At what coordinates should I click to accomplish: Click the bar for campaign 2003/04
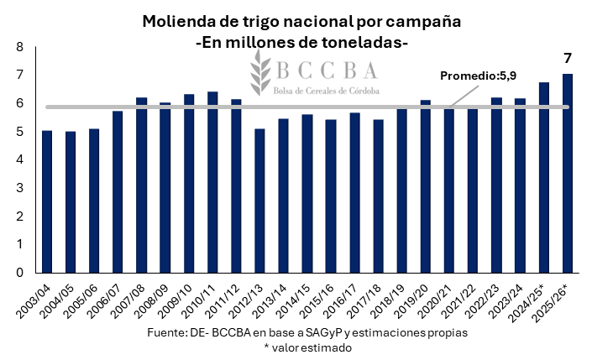click(x=47, y=201)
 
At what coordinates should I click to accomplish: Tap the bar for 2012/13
click(x=259, y=201)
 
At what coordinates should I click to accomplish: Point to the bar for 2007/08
click(x=142, y=185)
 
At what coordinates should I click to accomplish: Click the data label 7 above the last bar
click(x=567, y=59)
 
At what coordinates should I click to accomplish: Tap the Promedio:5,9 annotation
click(x=478, y=76)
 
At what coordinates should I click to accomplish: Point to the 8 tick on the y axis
click(x=18, y=48)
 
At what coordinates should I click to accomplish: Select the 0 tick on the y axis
click(x=18, y=272)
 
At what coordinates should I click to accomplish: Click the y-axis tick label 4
click(x=18, y=159)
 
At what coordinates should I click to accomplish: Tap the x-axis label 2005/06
click(x=84, y=298)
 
